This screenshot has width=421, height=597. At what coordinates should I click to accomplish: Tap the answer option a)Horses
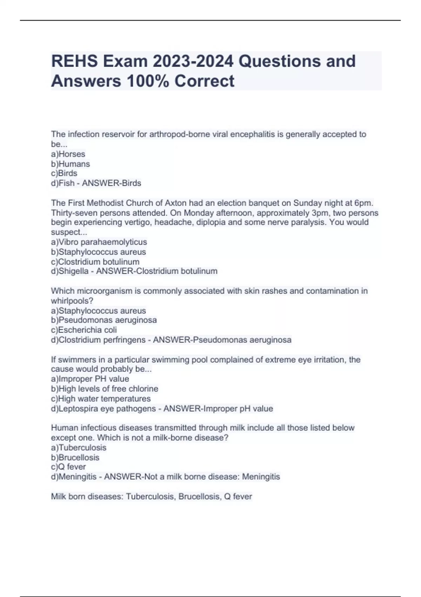(68, 154)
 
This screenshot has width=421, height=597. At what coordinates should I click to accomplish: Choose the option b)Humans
(71, 164)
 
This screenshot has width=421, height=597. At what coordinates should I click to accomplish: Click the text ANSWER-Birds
(112, 183)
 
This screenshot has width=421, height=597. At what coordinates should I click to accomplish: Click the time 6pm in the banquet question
(363, 203)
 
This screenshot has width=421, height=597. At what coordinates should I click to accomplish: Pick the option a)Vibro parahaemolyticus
(99, 242)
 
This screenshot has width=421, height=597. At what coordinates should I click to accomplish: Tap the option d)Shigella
(70, 271)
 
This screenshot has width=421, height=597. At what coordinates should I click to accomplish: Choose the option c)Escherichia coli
(84, 330)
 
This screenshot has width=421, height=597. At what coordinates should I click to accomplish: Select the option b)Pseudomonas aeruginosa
(104, 320)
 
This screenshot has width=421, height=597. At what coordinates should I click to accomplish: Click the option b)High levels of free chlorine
(105, 389)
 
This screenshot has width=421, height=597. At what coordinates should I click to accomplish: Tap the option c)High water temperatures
(101, 399)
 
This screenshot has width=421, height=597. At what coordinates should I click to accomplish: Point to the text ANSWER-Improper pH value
(218, 409)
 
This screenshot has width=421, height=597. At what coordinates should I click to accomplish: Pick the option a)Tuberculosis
(79, 448)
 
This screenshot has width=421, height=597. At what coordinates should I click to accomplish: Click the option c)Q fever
(68, 467)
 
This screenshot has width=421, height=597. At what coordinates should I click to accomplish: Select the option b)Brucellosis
(75, 458)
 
